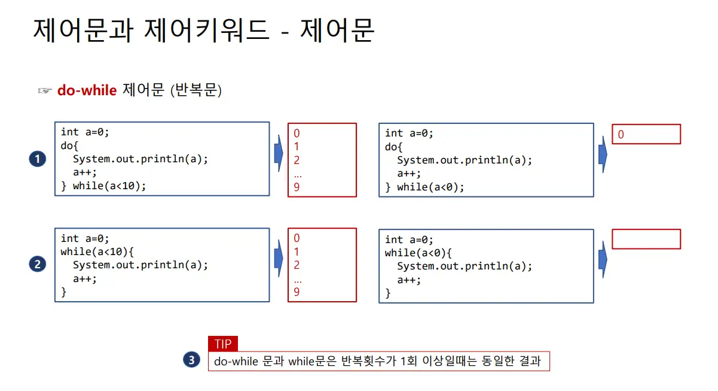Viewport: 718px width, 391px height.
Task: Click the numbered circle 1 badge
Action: tap(38, 159)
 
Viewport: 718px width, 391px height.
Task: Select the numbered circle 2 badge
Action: tap(38, 264)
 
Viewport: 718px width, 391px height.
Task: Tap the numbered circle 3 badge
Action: tap(191, 360)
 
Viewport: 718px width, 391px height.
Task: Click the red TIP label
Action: tap(223, 344)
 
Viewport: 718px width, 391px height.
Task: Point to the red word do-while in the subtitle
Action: tap(87, 90)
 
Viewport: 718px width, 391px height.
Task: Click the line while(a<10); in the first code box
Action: tap(109, 186)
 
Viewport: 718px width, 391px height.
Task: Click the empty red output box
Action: tap(646, 239)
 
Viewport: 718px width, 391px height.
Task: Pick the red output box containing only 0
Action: tap(646, 134)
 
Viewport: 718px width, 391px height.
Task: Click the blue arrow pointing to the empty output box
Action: tap(603, 259)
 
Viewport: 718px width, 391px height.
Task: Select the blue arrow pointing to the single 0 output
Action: tap(603, 154)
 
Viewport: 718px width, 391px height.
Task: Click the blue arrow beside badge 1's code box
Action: tap(278, 153)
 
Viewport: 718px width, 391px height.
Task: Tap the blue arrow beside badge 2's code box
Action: tap(278, 259)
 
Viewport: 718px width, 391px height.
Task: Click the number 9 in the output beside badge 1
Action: tap(297, 187)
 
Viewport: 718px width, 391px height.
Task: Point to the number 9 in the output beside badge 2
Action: tap(297, 292)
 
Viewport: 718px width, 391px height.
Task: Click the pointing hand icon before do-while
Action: tap(45, 91)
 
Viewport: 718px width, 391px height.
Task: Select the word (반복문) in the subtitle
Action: tap(196, 91)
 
